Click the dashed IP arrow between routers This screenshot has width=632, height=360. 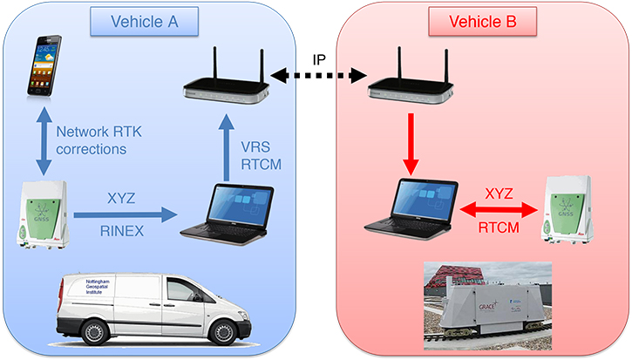tap(316, 78)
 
